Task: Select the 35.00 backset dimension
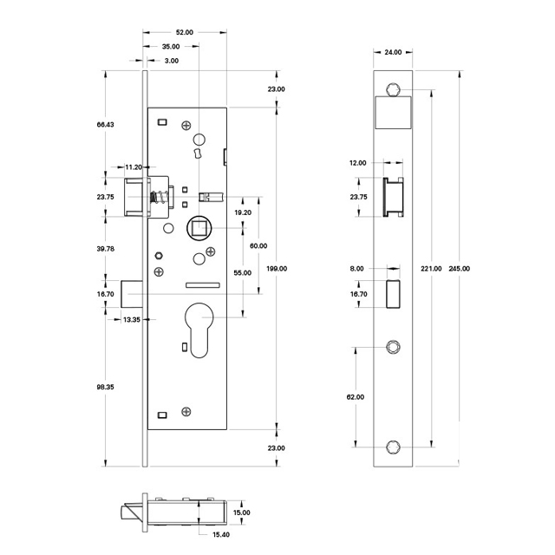(x=170, y=46)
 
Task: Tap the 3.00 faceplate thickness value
(x=171, y=61)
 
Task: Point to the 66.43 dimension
(x=105, y=125)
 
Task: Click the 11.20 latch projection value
(x=134, y=166)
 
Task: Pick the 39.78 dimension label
(x=105, y=249)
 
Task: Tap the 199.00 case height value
(x=278, y=268)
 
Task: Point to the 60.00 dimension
(x=258, y=245)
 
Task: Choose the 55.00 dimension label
(x=243, y=273)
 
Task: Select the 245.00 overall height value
(x=460, y=268)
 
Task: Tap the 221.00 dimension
(x=431, y=268)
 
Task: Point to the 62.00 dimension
(x=355, y=396)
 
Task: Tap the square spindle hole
(x=197, y=229)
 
